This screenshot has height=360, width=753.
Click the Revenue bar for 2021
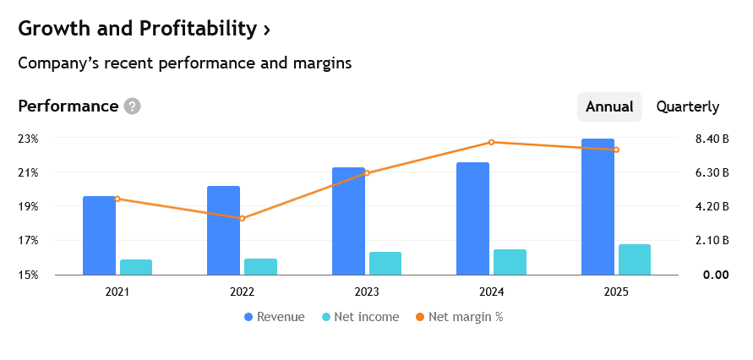(x=99, y=235)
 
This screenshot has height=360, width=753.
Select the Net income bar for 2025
(x=635, y=259)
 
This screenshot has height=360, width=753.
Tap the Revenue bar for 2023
(x=348, y=221)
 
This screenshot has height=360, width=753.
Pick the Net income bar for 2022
(x=260, y=266)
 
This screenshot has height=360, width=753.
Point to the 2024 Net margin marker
(x=492, y=142)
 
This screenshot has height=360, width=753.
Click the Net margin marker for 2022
(x=242, y=218)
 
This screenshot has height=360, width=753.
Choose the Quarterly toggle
(x=687, y=106)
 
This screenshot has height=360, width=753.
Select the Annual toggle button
(x=609, y=106)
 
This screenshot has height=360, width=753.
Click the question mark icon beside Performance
(x=132, y=106)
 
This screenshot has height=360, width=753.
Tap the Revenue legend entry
(x=274, y=317)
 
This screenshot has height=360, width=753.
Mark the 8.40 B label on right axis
(x=711, y=139)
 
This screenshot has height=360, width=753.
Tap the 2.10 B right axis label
(x=711, y=241)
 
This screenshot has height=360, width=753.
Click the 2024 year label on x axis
(x=491, y=292)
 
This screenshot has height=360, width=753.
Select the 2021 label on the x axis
(x=117, y=292)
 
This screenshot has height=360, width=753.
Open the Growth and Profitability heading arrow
(x=267, y=29)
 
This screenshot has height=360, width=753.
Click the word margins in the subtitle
(x=322, y=63)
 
